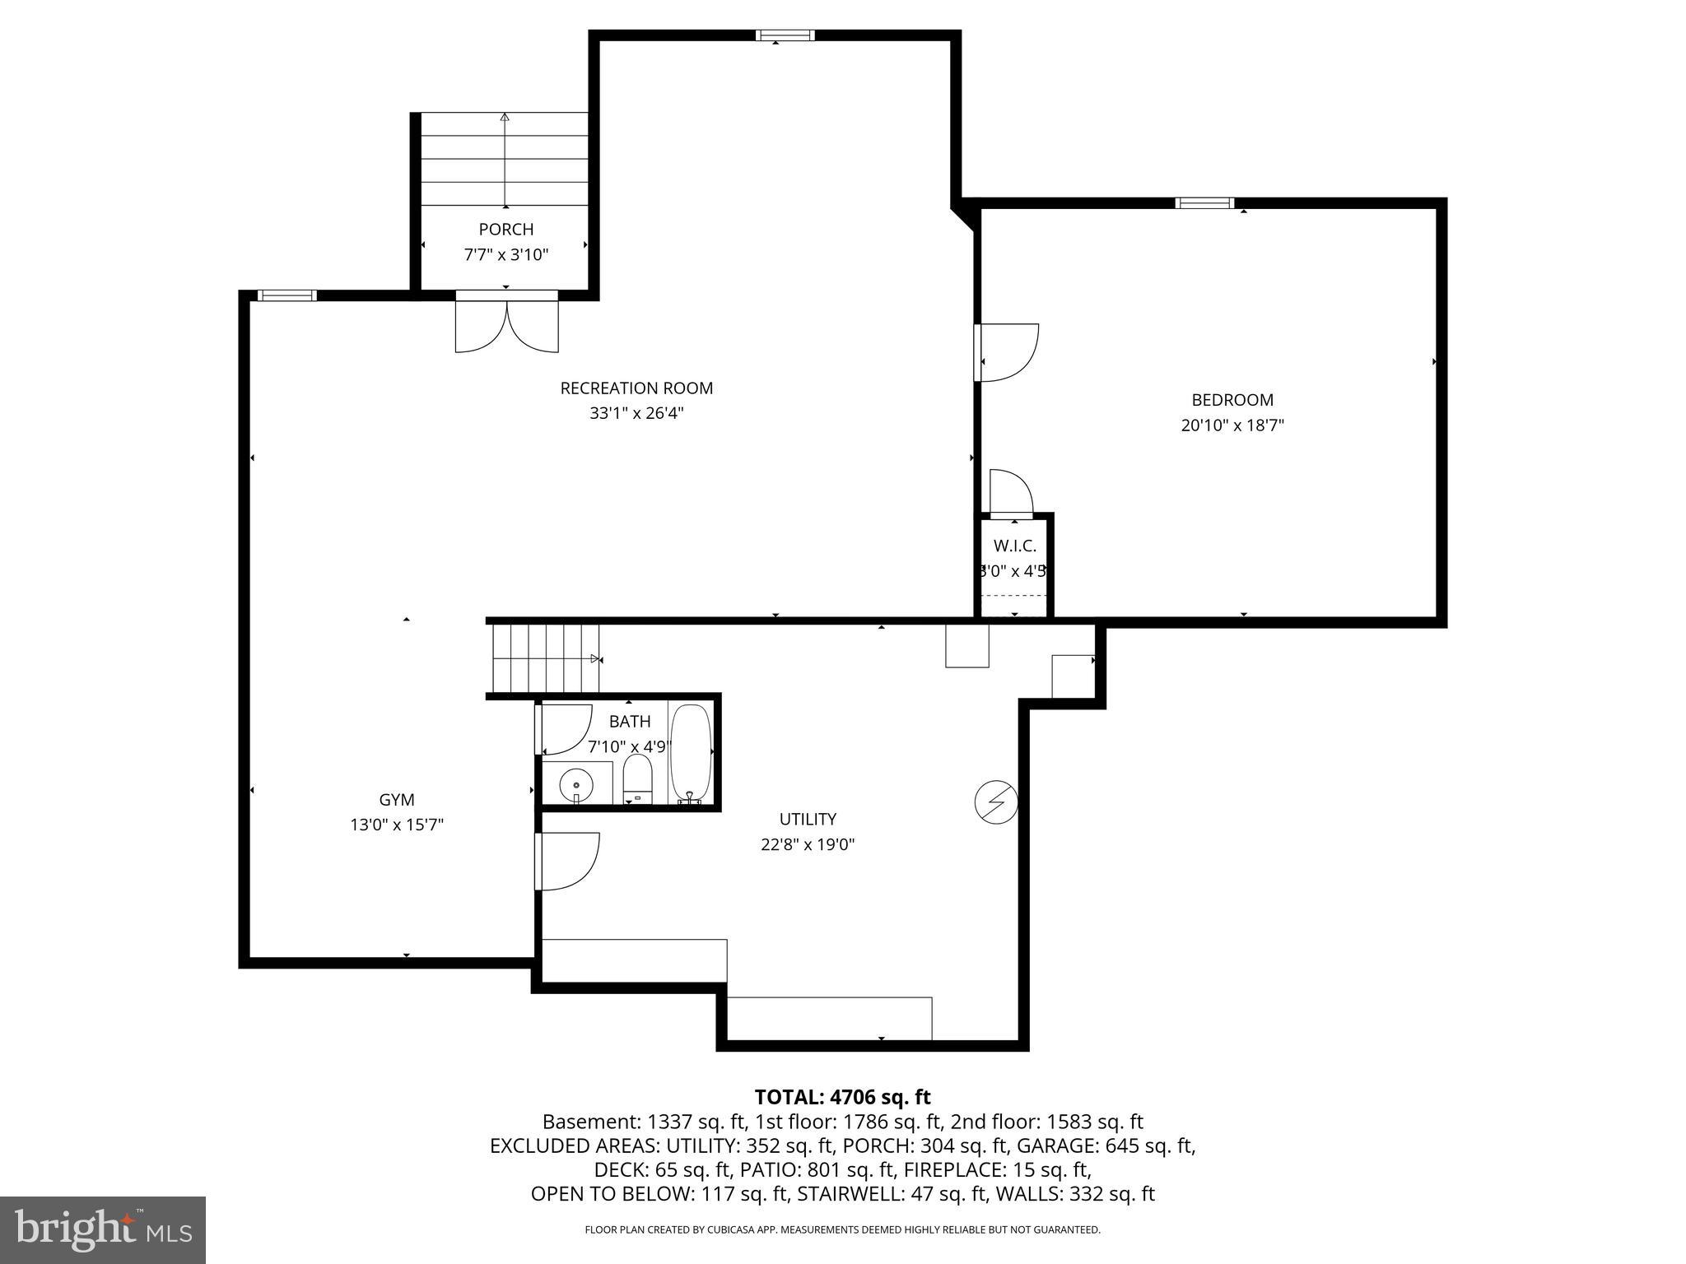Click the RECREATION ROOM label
pos(636,388)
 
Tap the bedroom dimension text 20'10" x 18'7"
pos(1232,425)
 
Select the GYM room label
pos(396,799)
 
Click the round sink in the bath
pos(575,784)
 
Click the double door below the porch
pos(507,323)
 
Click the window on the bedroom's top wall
pos(1204,203)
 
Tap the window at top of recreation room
pos(785,35)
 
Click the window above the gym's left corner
pos(286,295)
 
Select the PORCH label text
pos(505,230)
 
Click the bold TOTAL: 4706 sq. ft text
pos(842,1097)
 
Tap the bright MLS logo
pos(103,1229)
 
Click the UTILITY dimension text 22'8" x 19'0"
pos(808,844)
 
